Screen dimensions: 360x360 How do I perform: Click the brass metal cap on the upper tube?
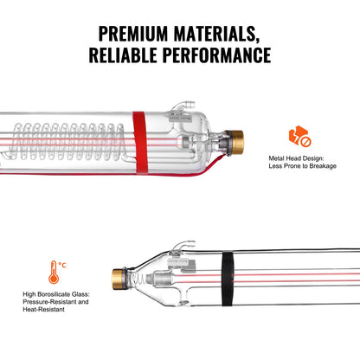coord(236,138)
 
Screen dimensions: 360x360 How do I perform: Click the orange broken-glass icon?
coord(299,137)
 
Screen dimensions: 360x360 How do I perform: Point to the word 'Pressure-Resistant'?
coord(42,303)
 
